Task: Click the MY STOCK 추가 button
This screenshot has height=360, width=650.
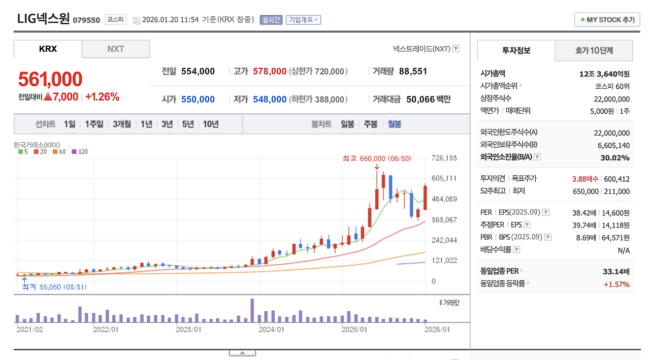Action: [607, 20]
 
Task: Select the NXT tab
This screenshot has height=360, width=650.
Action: [116, 49]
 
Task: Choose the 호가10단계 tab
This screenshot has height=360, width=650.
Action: [594, 51]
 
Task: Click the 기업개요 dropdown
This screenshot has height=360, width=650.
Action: [303, 20]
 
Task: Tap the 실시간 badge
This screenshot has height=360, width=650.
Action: [271, 20]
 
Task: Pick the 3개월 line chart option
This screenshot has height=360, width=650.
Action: [122, 124]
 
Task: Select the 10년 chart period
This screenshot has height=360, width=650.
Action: [211, 124]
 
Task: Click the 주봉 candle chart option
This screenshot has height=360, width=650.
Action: [370, 124]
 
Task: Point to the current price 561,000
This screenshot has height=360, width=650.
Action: [50, 79]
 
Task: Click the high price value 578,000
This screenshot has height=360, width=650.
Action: [270, 72]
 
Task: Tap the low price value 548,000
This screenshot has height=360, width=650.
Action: [270, 100]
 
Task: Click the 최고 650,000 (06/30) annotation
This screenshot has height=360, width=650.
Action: [376, 158]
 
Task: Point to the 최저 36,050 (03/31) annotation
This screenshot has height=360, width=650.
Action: [54, 287]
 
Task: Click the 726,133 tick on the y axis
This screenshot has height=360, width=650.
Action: [444, 158]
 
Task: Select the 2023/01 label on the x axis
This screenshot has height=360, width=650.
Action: [188, 329]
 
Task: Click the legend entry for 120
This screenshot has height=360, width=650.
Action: [80, 152]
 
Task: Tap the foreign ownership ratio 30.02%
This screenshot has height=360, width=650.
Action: [615, 158]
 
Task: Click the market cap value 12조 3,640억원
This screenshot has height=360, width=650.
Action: [604, 74]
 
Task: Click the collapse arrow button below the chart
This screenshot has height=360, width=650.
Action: [242, 353]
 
